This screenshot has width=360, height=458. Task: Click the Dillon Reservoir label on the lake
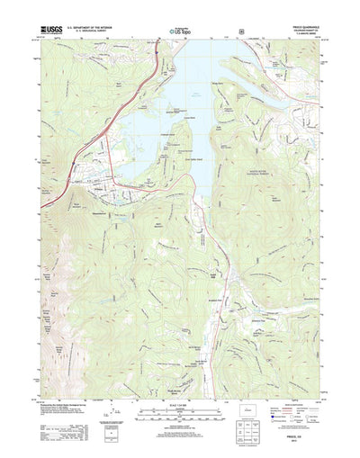(x=193, y=92)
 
